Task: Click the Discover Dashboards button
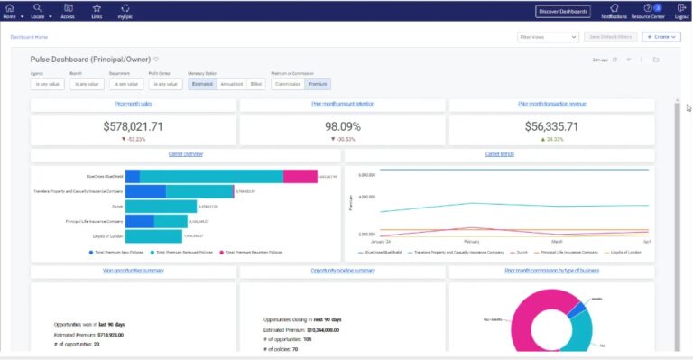pyautogui.click(x=562, y=11)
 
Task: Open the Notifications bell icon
pyautogui.click(x=614, y=8)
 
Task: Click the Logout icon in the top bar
pyautogui.click(x=682, y=8)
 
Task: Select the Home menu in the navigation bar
pyautogui.click(x=10, y=8)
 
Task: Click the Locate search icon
pyautogui.click(x=37, y=8)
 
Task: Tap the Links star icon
pyautogui.click(x=97, y=8)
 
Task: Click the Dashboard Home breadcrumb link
pyautogui.click(x=29, y=37)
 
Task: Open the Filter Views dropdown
pyautogui.click(x=548, y=37)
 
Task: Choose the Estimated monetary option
pyautogui.click(x=202, y=84)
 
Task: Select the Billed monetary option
pyautogui.click(x=257, y=84)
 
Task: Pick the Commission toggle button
pyautogui.click(x=288, y=84)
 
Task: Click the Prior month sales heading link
pyautogui.click(x=133, y=105)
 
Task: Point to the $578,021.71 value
pyautogui.click(x=133, y=127)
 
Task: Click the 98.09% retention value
pyautogui.click(x=342, y=127)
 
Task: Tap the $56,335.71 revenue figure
pyautogui.click(x=551, y=127)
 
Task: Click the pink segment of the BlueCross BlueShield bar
pyautogui.click(x=300, y=177)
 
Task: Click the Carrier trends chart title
pyautogui.click(x=499, y=154)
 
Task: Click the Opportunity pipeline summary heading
pyautogui.click(x=342, y=271)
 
